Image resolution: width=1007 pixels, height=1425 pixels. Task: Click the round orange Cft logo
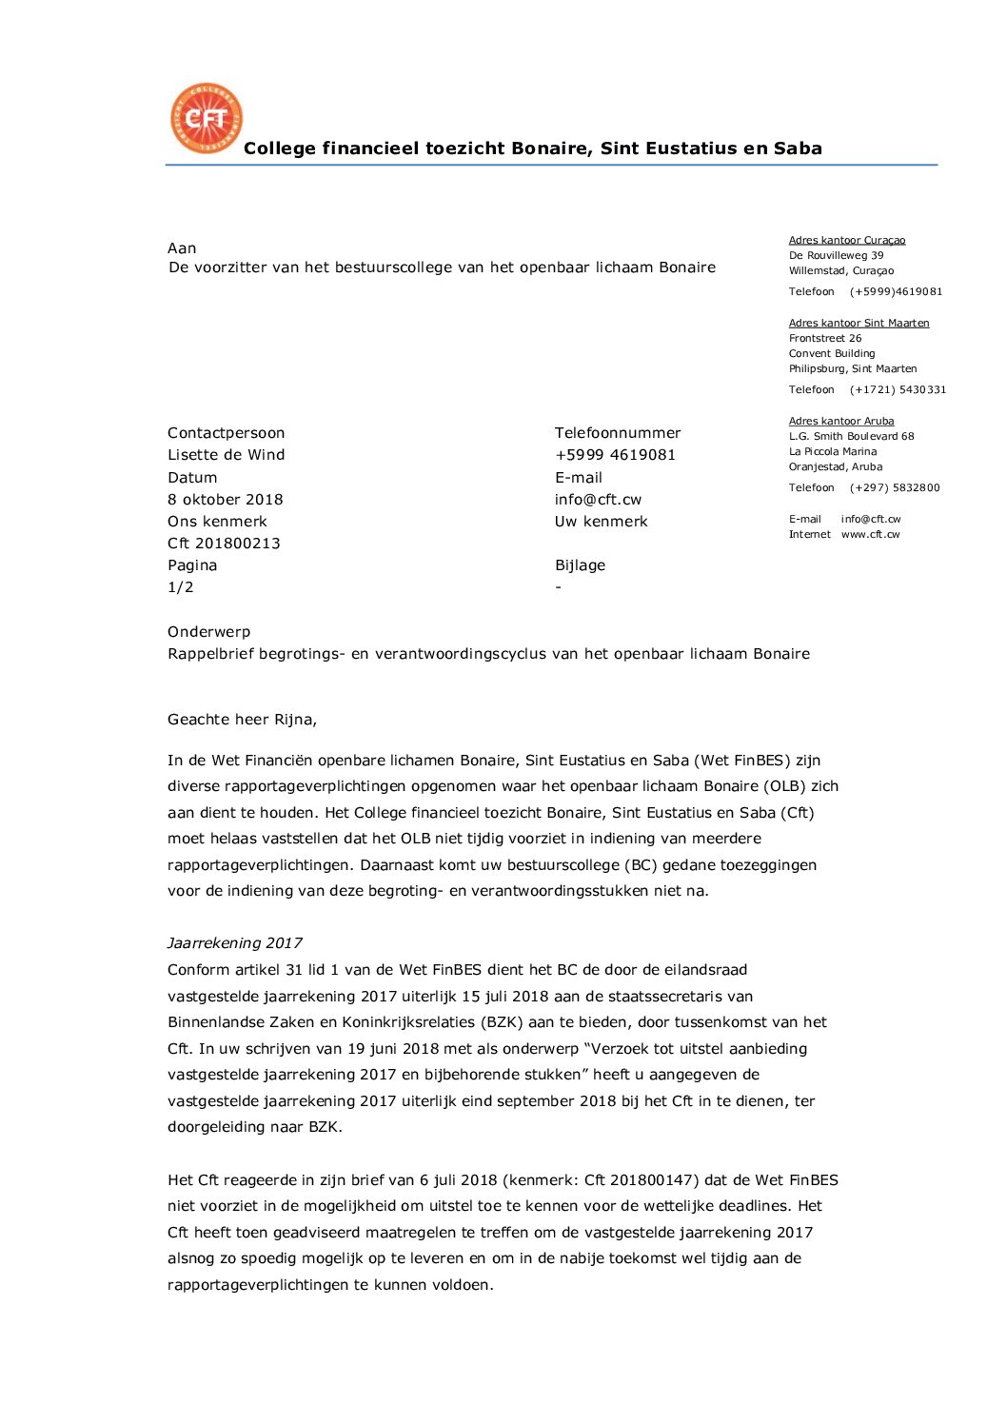pos(207,118)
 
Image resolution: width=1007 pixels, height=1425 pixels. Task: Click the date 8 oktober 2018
pos(226,500)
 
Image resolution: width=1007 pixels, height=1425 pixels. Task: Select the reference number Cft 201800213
pos(224,544)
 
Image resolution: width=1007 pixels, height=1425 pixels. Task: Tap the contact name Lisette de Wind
pos(227,455)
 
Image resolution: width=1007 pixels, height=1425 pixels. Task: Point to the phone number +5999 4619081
pos(615,455)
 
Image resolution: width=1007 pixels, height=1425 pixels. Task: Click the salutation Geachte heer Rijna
pos(242,720)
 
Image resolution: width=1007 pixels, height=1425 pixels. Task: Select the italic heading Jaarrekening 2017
pos(235,943)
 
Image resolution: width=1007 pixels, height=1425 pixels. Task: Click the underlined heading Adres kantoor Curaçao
pos(847,241)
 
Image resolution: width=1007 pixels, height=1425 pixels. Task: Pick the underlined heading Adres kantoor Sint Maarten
pos(859,324)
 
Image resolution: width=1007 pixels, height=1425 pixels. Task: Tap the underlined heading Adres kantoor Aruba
pos(841,422)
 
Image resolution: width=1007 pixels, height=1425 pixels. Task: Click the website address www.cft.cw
pos(870,535)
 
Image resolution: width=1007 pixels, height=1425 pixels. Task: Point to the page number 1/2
pos(181,587)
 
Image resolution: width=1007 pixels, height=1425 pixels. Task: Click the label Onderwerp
pos(209,632)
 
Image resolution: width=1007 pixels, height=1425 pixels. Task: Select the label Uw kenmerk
pos(602,522)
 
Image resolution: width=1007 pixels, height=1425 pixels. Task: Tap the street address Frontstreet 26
pos(825,339)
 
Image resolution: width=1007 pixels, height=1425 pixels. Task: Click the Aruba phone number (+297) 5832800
pos(895,488)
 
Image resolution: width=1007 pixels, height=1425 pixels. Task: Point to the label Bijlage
pos(581,565)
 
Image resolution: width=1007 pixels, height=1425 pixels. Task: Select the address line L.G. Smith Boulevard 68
pos(851,437)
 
